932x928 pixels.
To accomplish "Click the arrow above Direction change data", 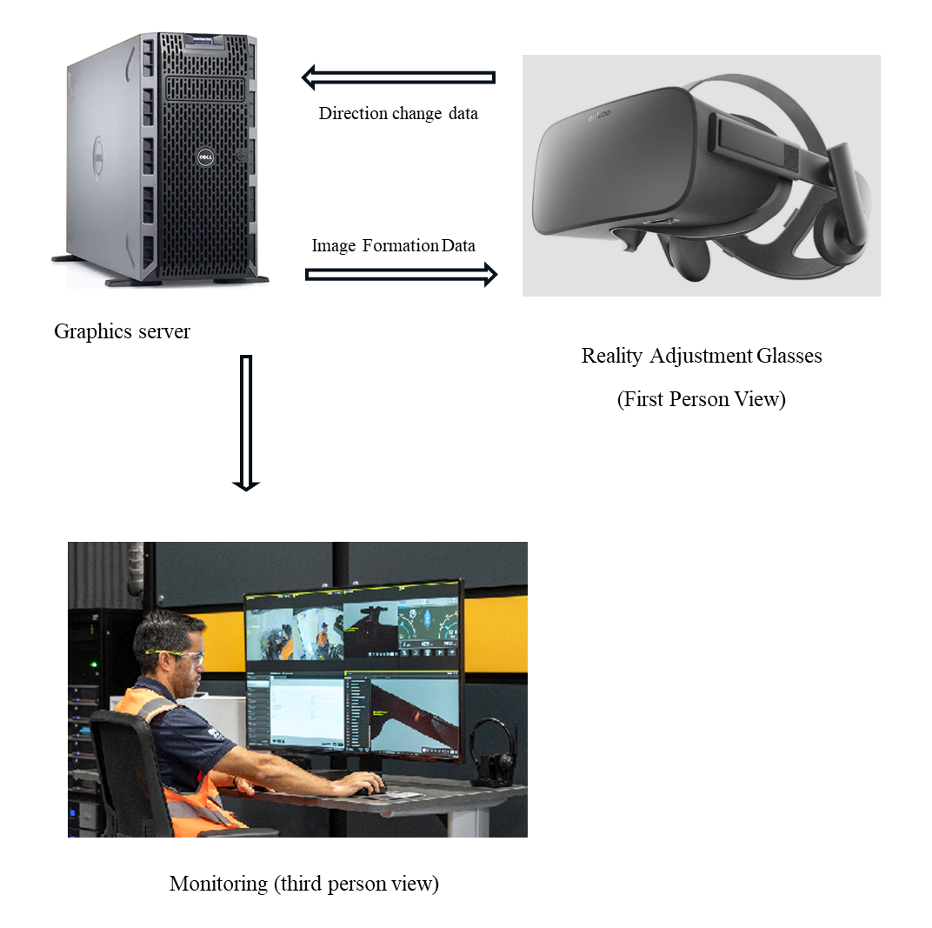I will pos(398,77).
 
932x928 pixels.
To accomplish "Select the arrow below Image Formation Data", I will pos(401,275).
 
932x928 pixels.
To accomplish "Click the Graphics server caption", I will pos(122,331).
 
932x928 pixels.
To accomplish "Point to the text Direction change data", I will pos(398,114).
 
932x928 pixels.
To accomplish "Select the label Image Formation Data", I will pos(394,246).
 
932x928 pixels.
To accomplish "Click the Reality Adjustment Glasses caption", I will pos(702,356).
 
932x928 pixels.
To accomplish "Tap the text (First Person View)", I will pos(702,399).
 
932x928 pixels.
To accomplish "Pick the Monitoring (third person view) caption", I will pos(304,884).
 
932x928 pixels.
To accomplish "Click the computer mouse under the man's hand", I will pos(377,788).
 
